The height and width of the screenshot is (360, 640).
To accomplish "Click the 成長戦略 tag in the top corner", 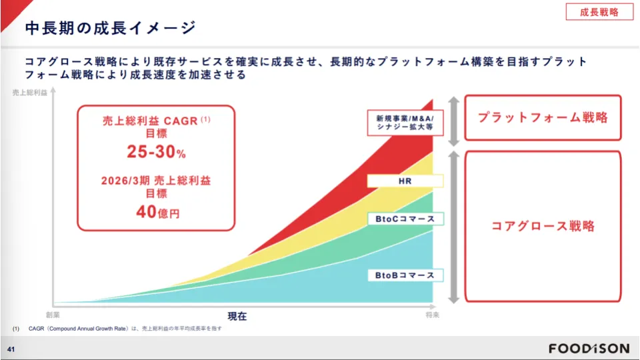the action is [x=599, y=12].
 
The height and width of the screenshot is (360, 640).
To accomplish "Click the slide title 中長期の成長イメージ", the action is [x=111, y=28].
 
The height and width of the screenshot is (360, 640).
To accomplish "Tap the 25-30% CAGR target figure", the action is [x=156, y=151].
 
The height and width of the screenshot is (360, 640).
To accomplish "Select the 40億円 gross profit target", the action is [x=157, y=212].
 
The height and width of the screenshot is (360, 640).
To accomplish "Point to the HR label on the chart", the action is [x=405, y=181].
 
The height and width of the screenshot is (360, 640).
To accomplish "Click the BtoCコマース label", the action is [x=405, y=219].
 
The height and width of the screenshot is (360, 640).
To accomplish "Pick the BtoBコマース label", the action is [x=405, y=275].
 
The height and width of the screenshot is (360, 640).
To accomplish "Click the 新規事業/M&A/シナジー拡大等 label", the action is [x=405, y=123].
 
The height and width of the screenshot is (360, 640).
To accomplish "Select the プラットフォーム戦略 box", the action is [x=543, y=117].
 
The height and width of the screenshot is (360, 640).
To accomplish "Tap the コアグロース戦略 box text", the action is [x=543, y=226].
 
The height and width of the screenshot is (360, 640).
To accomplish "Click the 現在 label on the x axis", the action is [x=237, y=316].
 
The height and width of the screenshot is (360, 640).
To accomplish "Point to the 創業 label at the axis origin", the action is [x=53, y=315].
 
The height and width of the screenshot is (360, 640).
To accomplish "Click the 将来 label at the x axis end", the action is [x=433, y=315].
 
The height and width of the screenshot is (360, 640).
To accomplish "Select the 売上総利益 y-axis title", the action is [x=30, y=93].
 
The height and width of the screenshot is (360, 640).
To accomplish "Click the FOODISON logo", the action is [x=589, y=349].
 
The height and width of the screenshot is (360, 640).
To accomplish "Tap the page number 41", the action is [x=11, y=349].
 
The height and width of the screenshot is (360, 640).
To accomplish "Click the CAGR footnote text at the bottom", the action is [x=117, y=329].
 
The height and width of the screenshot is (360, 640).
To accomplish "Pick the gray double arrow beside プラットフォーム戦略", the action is [x=454, y=121].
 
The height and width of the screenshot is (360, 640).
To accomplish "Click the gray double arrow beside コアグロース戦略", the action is [x=454, y=227].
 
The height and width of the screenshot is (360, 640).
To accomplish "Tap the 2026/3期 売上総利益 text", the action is [x=156, y=181].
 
